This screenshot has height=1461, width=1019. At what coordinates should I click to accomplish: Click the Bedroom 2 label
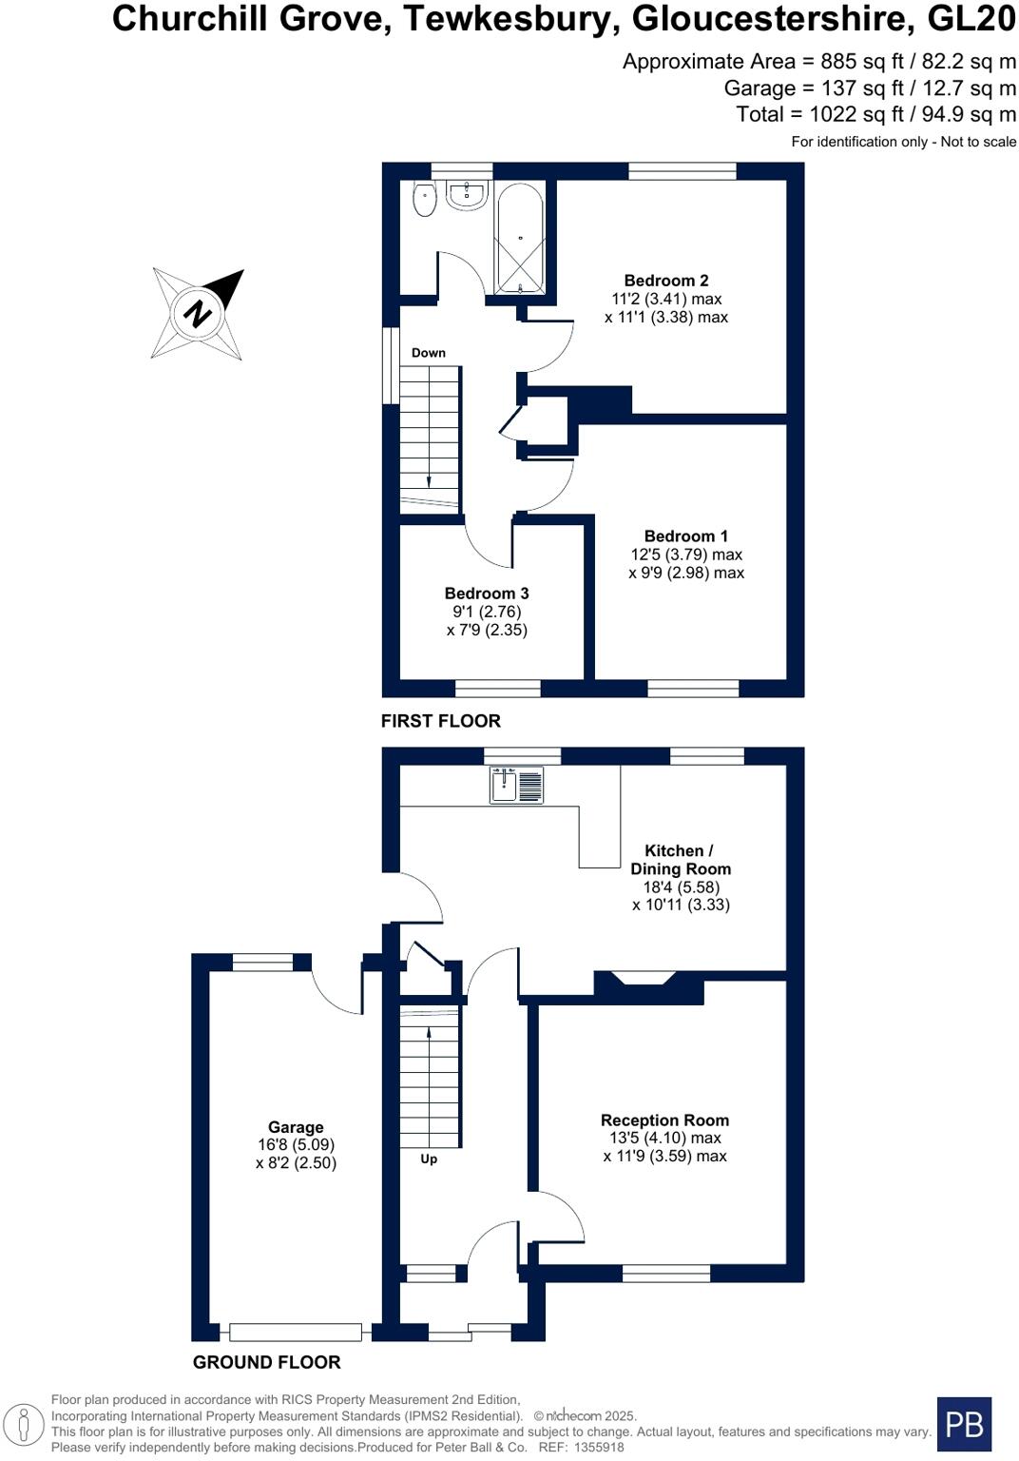click(x=665, y=281)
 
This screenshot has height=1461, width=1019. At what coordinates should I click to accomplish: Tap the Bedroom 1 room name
click(x=685, y=536)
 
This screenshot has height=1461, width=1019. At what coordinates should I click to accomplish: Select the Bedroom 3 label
click(x=487, y=594)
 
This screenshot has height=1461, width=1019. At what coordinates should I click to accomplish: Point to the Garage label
click(x=296, y=1127)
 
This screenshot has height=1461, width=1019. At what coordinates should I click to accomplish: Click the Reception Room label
click(x=664, y=1120)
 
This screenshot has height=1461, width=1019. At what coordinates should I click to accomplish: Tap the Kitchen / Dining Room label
click(x=681, y=860)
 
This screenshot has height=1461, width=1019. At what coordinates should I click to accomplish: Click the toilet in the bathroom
click(x=425, y=200)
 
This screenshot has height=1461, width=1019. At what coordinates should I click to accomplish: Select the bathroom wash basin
click(x=467, y=195)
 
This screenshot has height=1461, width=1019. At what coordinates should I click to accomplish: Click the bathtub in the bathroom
click(x=519, y=238)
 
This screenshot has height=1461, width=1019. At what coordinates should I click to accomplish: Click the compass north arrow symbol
click(x=199, y=312)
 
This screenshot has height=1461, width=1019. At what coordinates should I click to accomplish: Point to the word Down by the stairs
click(x=429, y=353)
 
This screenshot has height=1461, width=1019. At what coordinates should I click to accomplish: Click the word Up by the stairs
click(x=429, y=1159)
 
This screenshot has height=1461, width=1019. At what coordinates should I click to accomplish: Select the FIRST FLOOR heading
click(x=440, y=721)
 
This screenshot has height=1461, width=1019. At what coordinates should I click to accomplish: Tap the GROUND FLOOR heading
click(x=266, y=1362)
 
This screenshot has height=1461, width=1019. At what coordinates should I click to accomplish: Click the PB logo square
click(x=964, y=1424)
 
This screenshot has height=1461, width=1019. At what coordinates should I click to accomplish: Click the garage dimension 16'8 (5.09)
click(x=296, y=1145)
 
